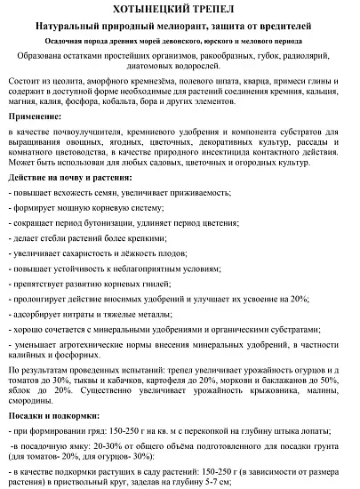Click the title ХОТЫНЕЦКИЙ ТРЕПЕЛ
point(179,9)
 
